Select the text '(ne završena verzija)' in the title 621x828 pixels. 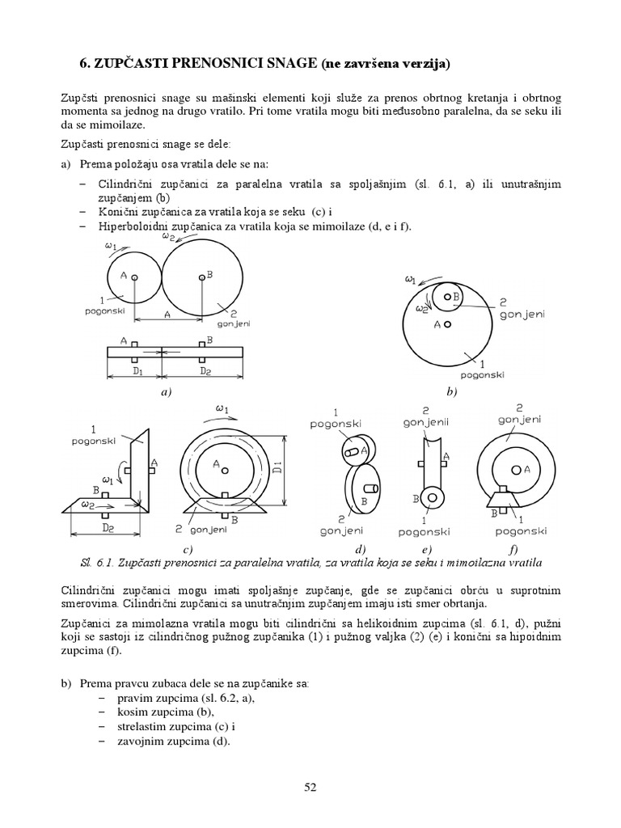tap(374, 62)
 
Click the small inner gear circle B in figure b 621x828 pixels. tap(448, 298)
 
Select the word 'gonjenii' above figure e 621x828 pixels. tap(428, 422)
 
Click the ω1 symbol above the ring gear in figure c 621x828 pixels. tap(221, 409)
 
